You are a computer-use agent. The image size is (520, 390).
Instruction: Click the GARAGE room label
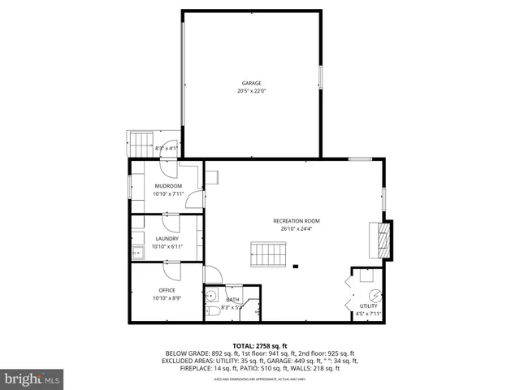tap(251, 83)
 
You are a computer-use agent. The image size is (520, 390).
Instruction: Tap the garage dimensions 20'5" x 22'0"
tap(251, 91)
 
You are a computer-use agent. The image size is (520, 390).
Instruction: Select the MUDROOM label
tap(168, 186)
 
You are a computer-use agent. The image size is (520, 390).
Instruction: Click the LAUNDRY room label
tap(167, 238)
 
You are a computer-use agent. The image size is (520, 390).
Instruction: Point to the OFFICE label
tap(167, 290)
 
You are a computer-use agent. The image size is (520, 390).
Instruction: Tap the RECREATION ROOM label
tap(297, 221)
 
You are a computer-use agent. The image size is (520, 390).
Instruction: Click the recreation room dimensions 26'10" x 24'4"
tap(297, 229)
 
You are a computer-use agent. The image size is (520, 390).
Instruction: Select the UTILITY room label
tap(368, 305)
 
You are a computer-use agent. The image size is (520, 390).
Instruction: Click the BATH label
tap(232, 299)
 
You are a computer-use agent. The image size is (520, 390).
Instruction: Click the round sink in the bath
tap(210, 296)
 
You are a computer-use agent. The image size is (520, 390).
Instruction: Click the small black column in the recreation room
tap(297, 266)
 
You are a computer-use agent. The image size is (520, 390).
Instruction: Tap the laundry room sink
tap(136, 253)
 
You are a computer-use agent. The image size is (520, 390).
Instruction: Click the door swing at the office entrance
tap(171, 268)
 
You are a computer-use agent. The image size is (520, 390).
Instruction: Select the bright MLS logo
tap(32, 379)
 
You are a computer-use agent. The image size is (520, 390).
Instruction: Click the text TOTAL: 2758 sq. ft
tap(260, 346)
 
